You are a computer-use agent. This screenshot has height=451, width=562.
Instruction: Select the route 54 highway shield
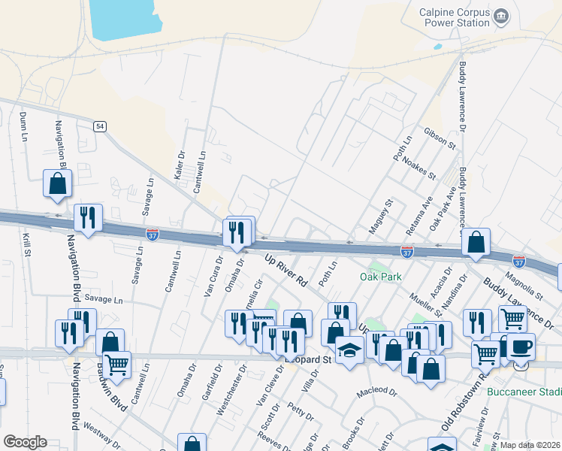99,126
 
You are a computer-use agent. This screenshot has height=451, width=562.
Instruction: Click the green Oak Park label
378,277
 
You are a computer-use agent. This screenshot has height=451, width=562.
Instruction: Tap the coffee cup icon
521,346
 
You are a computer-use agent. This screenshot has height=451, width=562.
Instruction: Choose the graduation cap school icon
349,350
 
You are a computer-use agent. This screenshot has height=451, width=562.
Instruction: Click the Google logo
25,442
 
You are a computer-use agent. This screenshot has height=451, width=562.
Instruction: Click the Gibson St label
440,137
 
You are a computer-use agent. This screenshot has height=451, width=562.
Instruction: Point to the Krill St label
26,244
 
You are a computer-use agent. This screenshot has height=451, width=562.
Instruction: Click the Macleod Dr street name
376,392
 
